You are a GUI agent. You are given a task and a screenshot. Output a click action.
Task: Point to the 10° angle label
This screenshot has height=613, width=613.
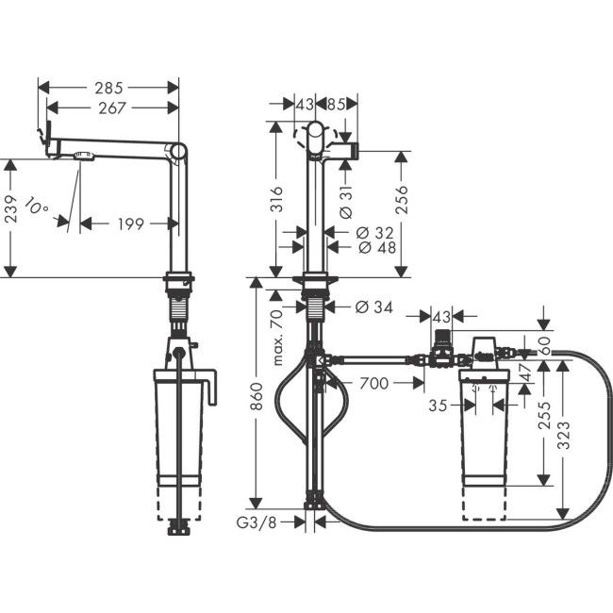37,207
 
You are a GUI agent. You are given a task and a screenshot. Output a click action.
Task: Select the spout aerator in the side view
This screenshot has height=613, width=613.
83,157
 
